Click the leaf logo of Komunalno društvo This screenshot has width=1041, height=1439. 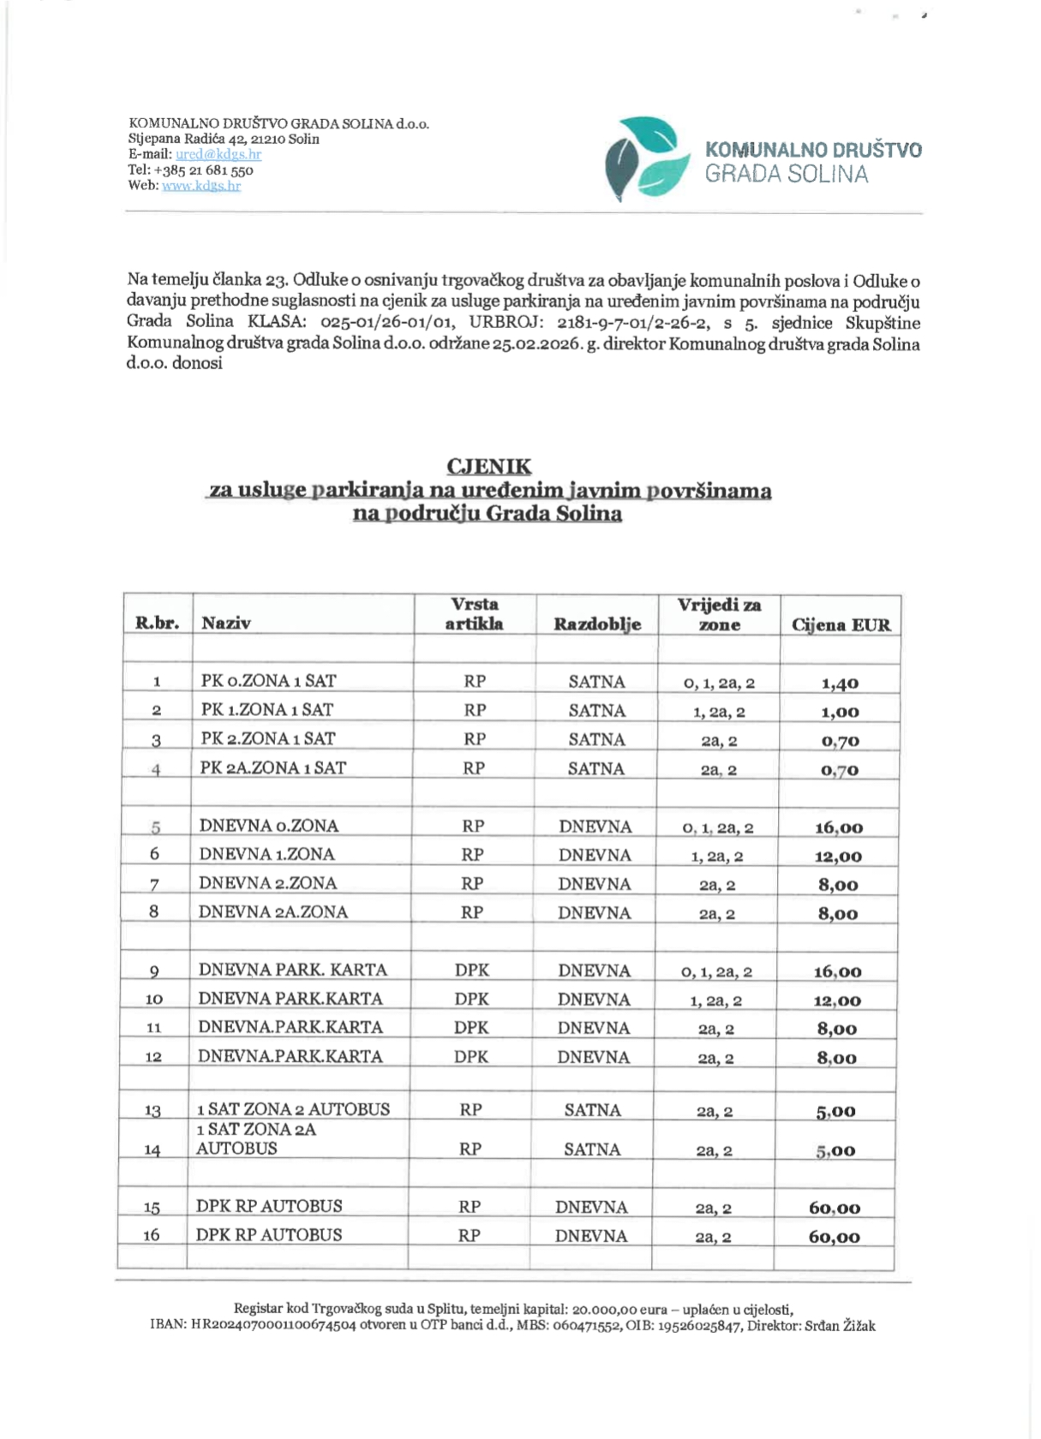click(x=646, y=158)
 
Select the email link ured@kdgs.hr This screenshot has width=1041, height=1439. click(x=218, y=154)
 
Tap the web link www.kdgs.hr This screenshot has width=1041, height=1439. click(x=201, y=185)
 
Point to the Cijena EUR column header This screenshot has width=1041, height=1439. click(x=841, y=624)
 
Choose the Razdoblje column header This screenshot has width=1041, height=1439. click(x=597, y=624)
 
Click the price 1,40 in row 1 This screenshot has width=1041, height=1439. click(x=840, y=684)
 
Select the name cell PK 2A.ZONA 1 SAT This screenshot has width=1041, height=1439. click(x=272, y=767)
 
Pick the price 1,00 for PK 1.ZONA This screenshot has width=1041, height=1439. click(x=840, y=712)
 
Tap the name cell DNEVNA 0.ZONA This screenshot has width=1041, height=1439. click(x=269, y=826)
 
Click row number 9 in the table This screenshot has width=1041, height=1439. click(x=154, y=970)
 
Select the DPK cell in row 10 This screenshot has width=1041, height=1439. click(x=472, y=999)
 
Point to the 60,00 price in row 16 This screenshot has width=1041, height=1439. click(x=835, y=1237)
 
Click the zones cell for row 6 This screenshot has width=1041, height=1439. click(x=718, y=856)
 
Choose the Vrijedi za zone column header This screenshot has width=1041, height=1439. click(x=719, y=615)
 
